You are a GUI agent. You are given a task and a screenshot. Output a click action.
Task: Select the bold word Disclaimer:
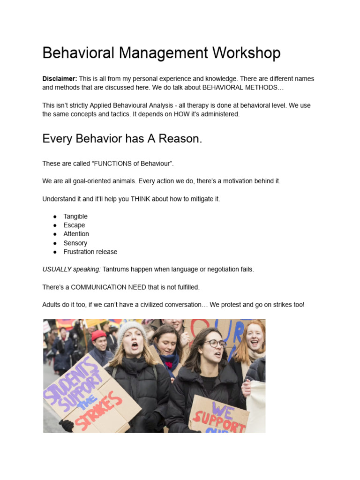pos(60,79)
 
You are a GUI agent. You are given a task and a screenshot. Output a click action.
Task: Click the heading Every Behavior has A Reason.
pos(122,139)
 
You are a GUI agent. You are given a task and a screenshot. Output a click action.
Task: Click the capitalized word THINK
pos(141,199)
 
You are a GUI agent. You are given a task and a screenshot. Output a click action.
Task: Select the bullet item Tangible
pos(75,217)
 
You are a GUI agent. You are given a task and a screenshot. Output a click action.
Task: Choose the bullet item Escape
pos(74,225)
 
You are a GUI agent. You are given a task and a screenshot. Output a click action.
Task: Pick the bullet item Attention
pos(76,234)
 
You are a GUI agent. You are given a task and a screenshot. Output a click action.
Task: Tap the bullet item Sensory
pos(75,243)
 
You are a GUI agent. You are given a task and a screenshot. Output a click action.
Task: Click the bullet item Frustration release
pos(90,252)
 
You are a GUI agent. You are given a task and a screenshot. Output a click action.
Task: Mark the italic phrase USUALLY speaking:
pos(71,270)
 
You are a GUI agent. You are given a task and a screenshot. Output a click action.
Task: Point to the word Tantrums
pos(116,270)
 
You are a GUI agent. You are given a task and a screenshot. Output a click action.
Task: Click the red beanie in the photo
pos(98,335)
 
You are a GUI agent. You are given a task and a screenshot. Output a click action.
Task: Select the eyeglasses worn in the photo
pos(215,344)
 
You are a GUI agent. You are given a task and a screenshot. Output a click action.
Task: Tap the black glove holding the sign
pos(67,425)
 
